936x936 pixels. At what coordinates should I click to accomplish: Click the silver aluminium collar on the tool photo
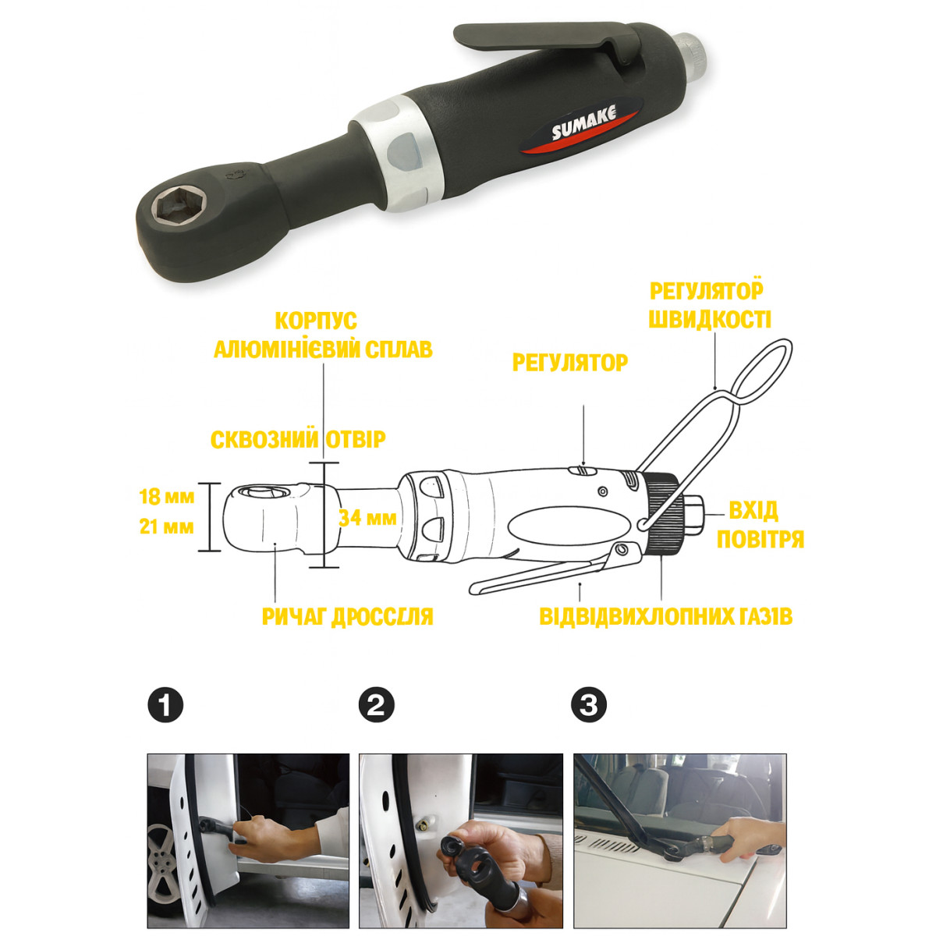pyautogui.click(x=397, y=154)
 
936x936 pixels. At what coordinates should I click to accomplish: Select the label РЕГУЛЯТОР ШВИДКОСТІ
pyautogui.click(x=709, y=306)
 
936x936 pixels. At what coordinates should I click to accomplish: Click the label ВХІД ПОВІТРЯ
pyautogui.click(x=760, y=525)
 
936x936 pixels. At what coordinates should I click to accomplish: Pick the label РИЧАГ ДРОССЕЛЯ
pyautogui.click(x=347, y=617)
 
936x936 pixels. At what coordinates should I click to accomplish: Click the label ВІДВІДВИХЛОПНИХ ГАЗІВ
pyautogui.click(x=666, y=616)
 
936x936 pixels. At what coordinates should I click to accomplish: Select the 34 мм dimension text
pyautogui.click(x=367, y=518)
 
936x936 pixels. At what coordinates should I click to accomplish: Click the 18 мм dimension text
pyautogui.click(x=166, y=496)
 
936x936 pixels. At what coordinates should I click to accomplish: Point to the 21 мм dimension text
pyautogui.click(x=166, y=526)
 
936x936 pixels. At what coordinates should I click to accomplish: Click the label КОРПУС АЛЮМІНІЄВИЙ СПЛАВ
pyautogui.click(x=323, y=335)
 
